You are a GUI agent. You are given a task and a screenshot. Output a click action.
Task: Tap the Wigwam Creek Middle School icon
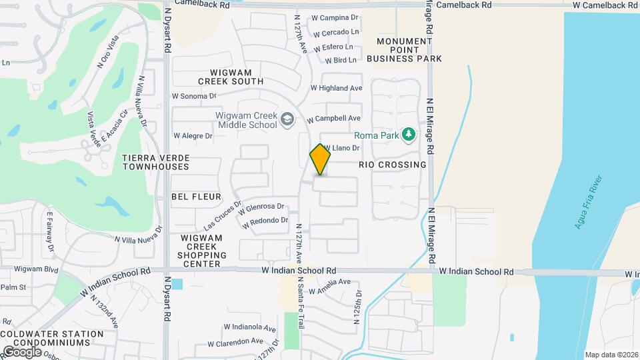click(287, 119)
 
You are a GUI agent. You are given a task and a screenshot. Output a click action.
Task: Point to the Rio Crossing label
click(392, 165)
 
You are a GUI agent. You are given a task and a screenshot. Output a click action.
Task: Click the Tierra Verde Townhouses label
click(156, 162)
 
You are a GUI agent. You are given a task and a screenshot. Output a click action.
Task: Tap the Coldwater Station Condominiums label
click(52, 338)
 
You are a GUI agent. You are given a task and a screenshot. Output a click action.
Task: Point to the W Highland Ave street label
click(337, 88)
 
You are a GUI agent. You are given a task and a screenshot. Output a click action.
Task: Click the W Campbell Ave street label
click(334, 119)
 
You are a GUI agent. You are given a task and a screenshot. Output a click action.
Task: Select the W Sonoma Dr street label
click(195, 96)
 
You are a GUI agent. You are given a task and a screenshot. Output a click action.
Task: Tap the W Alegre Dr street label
click(193, 135)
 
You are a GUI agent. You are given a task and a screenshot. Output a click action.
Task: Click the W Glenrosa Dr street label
click(261, 207)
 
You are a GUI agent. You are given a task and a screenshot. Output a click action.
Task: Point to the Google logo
click(22, 351)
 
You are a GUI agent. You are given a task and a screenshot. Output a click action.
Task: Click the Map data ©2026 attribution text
click(611, 355)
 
